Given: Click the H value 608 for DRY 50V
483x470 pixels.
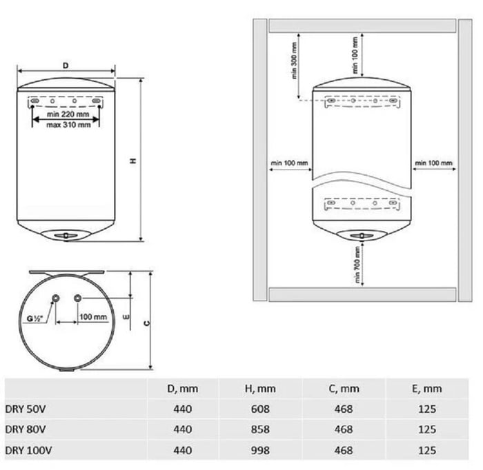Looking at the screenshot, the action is tap(260, 409).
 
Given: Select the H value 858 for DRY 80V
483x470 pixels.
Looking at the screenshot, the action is tap(260, 429).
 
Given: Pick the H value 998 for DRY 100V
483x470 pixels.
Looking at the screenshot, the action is tap(260, 450).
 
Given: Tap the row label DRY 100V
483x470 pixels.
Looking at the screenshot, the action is tap(28, 450).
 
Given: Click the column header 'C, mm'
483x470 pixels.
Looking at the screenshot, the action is tap(344, 389).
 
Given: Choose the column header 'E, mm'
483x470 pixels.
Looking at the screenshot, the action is tap(427, 389).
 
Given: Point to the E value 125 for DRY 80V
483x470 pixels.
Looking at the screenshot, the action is tap(427, 429).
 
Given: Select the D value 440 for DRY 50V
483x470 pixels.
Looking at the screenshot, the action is tap(182, 409).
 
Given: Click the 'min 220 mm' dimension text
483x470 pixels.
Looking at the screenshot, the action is tap(68, 114).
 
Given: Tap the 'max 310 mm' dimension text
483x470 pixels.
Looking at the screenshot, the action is tap(68, 125).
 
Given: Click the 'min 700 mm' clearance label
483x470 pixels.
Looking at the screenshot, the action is tap(357, 265).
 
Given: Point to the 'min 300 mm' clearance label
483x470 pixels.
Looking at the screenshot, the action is tap(294, 60).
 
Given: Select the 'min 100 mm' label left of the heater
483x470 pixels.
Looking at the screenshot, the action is tap(289, 163).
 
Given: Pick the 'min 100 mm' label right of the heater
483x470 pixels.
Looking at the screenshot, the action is tap(434, 163).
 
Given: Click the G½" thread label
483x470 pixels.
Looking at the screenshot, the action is tap(34, 318).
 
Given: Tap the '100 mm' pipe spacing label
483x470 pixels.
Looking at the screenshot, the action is tap(93, 317).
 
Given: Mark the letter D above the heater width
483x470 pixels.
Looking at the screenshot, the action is tap(66, 65).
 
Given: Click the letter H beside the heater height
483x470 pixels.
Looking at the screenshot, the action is tap(133, 161).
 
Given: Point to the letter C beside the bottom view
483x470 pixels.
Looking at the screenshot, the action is tap(147, 323).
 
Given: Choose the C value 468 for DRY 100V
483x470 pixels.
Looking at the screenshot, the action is tap(344, 450).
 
